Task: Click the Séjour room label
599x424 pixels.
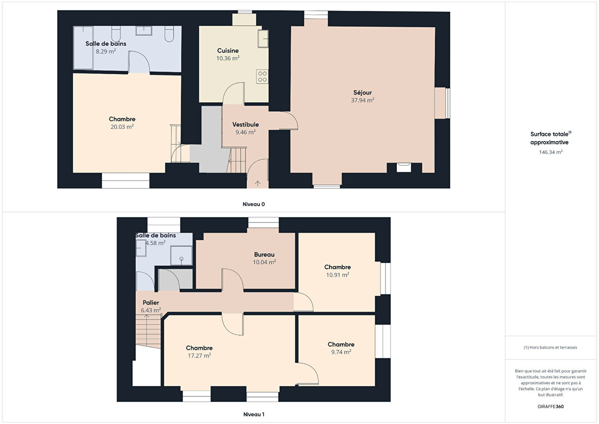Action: pos(362,93)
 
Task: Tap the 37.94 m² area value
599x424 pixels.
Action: pos(362,100)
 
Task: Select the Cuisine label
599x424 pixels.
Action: pos(228,51)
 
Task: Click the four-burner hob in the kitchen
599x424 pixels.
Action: pos(262,77)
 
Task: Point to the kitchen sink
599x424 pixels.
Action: pos(263,39)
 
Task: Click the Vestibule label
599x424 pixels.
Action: pos(245,125)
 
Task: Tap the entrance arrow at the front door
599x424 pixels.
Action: pos(257,184)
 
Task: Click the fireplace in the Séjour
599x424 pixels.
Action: pos(404,167)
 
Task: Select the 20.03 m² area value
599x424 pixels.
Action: pos(122,127)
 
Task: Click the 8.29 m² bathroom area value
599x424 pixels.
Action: pos(106,51)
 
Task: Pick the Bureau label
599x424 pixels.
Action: pos(264,255)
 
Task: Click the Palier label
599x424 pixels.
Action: pos(151,303)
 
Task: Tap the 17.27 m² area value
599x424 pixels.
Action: pos(199,356)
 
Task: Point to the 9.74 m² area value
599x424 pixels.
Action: pos(341,352)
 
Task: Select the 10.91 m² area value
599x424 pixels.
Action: pos(338,275)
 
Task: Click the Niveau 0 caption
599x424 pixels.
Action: pos(254,204)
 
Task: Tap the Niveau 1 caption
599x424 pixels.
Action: pos(254,414)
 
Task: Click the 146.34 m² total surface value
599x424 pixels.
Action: pos(551,152)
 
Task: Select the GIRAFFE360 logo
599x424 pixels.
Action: pos(551,406)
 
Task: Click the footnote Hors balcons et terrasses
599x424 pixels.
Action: pos(550,347)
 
